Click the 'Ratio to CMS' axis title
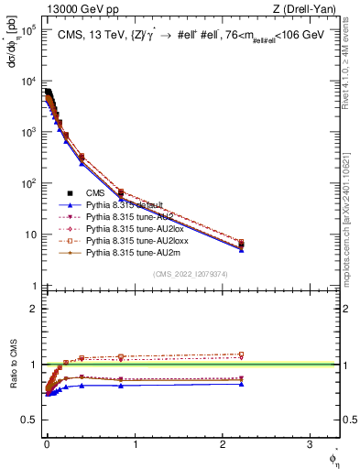pos(12,365)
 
